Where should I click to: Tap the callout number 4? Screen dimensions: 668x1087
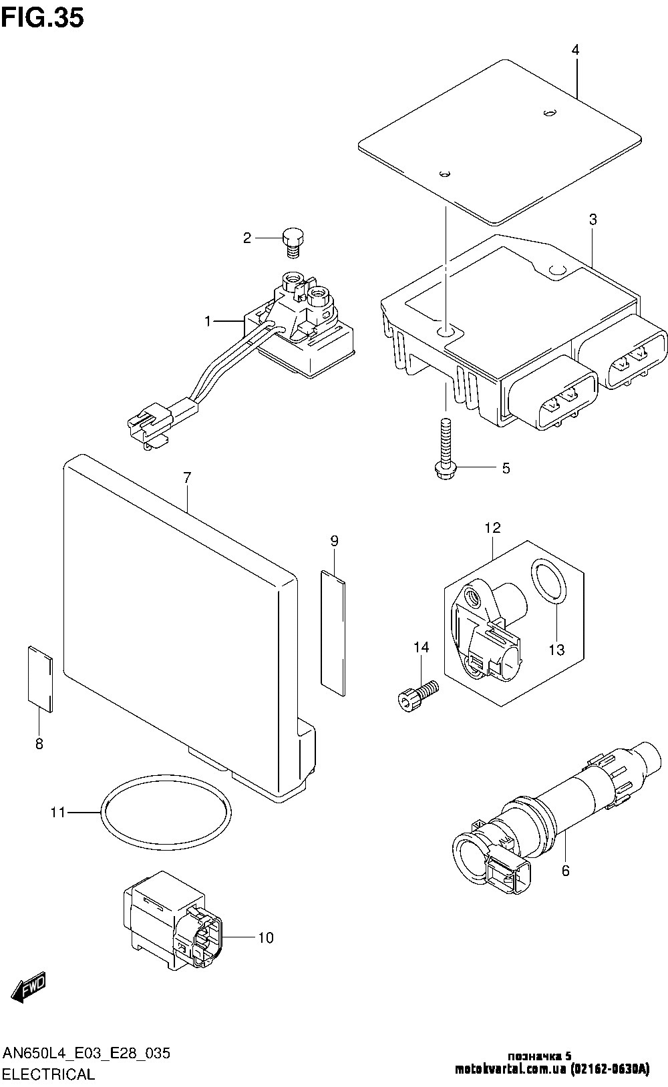pyautogui.click(x=575, y=49)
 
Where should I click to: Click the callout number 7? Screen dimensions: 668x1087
pyautogui.click(x=188, y=477)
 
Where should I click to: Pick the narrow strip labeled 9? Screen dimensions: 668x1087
pyautogui.click(x=333, y=633)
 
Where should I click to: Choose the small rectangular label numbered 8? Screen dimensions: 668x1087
pyautogui.click(x=40, y=679)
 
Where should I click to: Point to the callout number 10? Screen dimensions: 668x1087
pyautogui.click(x=266, y=938)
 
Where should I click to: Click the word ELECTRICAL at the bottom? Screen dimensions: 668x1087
pyautogui.click(x=49, y=1074)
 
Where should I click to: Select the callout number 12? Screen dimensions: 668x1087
pyautogui.click(x=492, y=527)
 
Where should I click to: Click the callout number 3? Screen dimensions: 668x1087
pyautogui.click(x=593, y=220)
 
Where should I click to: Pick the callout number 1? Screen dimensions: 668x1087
pyautogui.click(x=208, y=321)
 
